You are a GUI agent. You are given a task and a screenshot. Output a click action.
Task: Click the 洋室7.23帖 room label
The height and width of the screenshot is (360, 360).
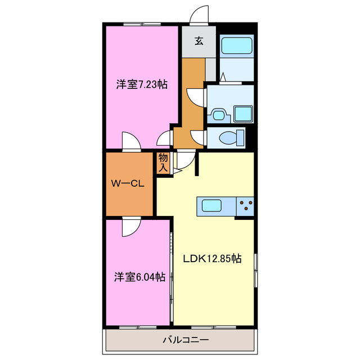click(142, 85)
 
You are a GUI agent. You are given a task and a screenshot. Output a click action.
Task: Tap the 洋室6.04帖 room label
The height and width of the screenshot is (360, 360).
click(140, 277)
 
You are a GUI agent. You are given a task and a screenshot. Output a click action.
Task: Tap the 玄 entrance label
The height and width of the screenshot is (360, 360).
click(199, 40)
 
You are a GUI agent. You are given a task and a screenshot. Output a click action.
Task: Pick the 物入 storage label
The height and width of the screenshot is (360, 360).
click(163, 162)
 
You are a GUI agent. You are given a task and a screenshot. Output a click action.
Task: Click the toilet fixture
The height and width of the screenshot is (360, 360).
click(230, 137)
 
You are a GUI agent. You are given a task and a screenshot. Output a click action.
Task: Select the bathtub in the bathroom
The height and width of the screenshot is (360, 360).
click(236, 45)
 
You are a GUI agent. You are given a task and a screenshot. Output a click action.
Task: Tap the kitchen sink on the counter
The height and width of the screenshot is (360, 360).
click(213, 206)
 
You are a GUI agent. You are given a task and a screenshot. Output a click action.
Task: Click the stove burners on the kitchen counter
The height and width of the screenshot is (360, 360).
click(245, 206)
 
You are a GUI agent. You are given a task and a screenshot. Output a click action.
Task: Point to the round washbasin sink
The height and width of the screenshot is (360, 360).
click(218, 115)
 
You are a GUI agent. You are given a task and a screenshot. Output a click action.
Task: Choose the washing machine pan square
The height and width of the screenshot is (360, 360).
click(244, 114)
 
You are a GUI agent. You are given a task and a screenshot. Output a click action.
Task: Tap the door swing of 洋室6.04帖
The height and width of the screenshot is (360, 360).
click(131, 226)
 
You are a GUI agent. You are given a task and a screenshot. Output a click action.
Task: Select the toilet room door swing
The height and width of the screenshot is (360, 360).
click(198, 137)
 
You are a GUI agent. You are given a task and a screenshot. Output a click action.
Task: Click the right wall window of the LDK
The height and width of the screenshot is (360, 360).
click(256, 270)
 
